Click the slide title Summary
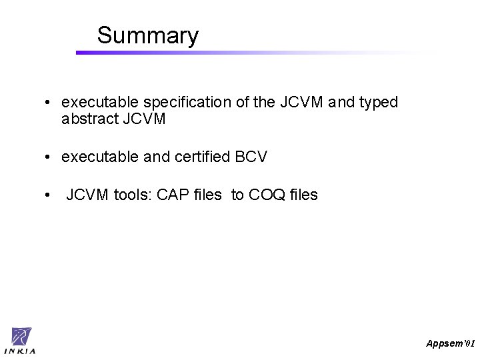click(147, 35)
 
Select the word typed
click(378, 103)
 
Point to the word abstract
click(90, 119)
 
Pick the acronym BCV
click(251, 157)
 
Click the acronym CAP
click(171, 195)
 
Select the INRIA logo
click(20, 341)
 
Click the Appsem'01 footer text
click(451, 343)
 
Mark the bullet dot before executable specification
click(47, 103)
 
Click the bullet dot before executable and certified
click(47, 158)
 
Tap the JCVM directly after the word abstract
click(145, 119)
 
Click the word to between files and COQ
click(237, 195)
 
